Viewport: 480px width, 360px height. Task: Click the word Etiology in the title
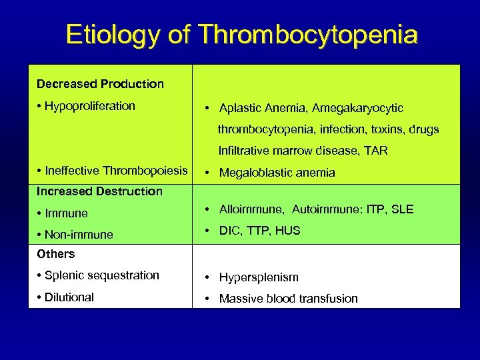(x=112, y=35)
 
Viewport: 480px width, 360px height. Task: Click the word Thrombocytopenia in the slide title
(x=308, y=35)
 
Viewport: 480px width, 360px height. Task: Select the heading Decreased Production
(x=100, y=84)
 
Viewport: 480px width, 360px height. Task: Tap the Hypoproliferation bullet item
(x=89, y=106)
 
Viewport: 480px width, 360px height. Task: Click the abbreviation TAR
(x=375, y=151)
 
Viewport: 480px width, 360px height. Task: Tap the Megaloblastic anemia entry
(x=277, y=173)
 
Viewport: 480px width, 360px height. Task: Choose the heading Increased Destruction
(x=99, y=191)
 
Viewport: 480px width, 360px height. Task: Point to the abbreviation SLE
(x=403, y=209)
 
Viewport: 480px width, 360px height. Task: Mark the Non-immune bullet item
(x=79, y=235)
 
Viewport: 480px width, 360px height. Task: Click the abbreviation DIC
(x=229, y=231)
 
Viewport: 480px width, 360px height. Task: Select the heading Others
(x=56, y=254)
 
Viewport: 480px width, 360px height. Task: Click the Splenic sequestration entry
(x=101, y=275)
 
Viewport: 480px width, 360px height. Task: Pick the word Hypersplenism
(x=259, y=277)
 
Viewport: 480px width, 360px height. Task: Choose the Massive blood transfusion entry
(x=288, y=299)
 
